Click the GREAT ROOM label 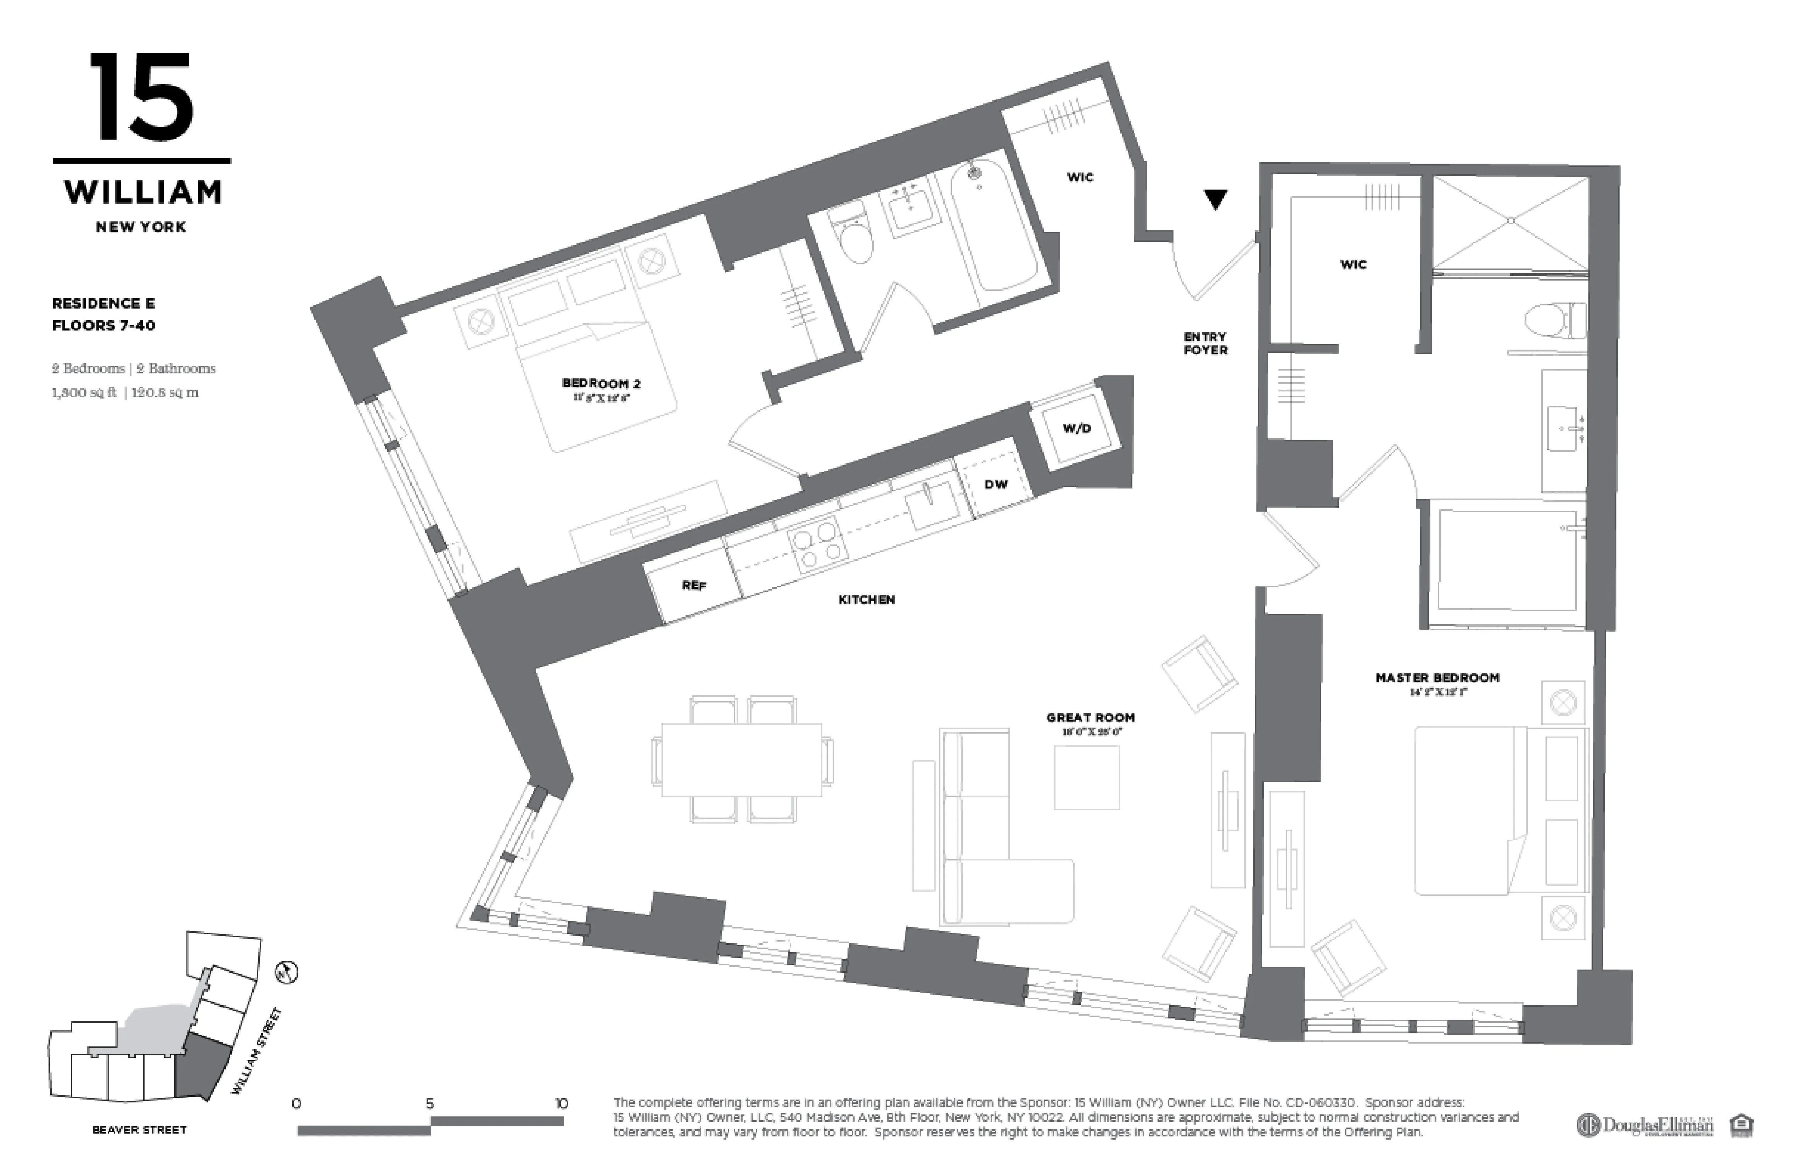(x=1090, y=717)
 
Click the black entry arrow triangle (x=1216, y=200)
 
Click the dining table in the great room (x=741, y=759)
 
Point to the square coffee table (x=1086, y=777)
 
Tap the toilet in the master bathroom (x=1555, y=320)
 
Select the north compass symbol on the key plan (x=287, y=972)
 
